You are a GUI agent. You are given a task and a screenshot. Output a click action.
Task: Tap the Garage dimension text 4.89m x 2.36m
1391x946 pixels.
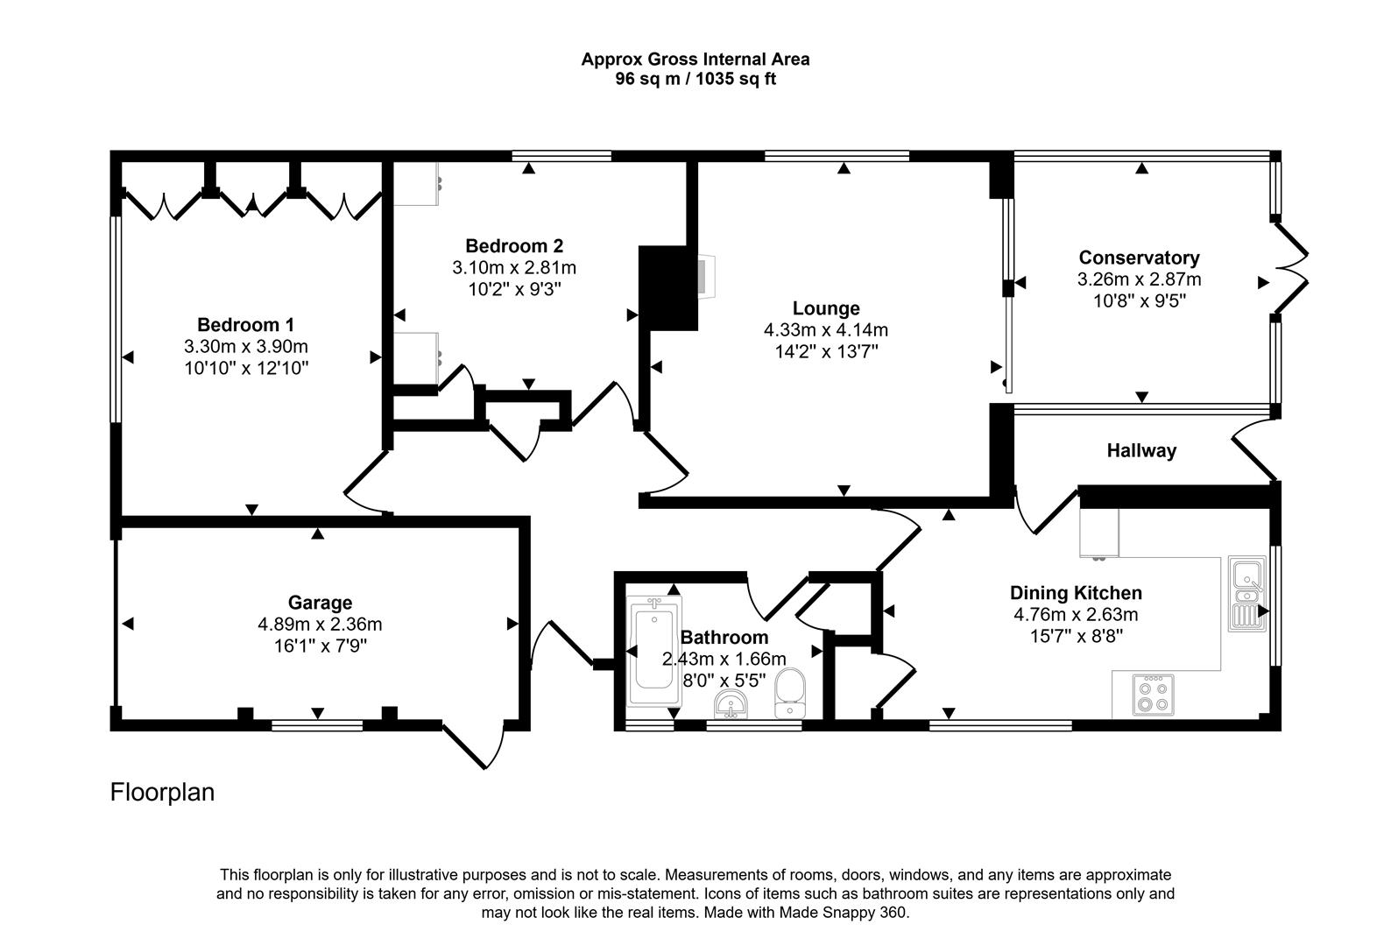point(320,625)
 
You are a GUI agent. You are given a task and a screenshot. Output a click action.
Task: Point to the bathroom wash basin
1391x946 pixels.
point(731,703)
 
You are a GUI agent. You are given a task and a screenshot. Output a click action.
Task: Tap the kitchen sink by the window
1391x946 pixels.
point(1246,593)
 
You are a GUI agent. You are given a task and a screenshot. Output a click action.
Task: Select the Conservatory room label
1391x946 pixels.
point(1139,258)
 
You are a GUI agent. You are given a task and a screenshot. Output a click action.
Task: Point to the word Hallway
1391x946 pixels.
point(1141,451)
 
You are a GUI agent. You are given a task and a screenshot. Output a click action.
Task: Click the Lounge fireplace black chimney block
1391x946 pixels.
point(667,288)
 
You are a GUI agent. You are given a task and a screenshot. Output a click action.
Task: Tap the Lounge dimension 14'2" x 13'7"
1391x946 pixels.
point(826,351)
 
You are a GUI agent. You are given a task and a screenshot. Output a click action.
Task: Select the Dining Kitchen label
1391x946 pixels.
point(1076,593)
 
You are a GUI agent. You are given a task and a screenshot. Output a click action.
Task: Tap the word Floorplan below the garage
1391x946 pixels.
point(162,792)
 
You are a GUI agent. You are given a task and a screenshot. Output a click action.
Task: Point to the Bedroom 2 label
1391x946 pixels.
point(513,246)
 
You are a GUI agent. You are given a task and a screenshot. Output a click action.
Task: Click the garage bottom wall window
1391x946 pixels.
point(317,724)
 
